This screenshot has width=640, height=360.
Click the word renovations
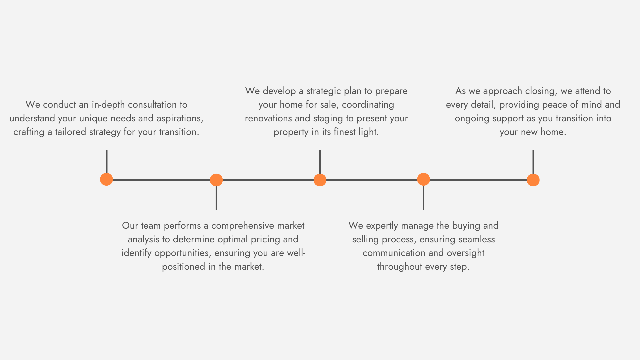(268, 118)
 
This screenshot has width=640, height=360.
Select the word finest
(345, 132)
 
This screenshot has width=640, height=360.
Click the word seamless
(476, 239)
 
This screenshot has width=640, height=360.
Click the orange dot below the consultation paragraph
(106, 179)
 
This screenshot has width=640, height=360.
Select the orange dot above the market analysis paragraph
(216, 180)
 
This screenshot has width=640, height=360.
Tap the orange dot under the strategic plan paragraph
(320, 180)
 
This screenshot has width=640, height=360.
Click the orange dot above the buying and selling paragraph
(423, 179)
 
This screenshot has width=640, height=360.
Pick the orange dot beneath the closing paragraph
(533, 180)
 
